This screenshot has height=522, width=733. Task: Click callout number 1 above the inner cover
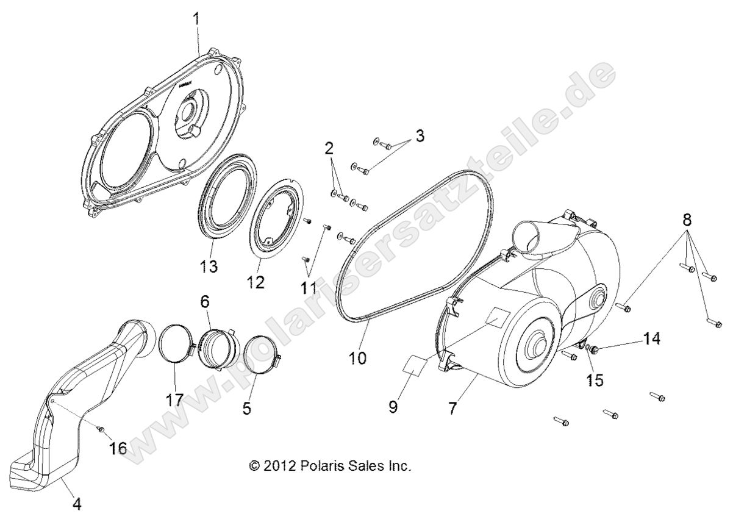196,20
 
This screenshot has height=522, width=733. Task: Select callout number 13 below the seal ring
207,266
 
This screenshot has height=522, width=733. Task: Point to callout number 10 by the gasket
357,357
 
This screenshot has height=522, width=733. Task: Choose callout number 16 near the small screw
118,449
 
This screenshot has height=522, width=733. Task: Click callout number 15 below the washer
595,380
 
